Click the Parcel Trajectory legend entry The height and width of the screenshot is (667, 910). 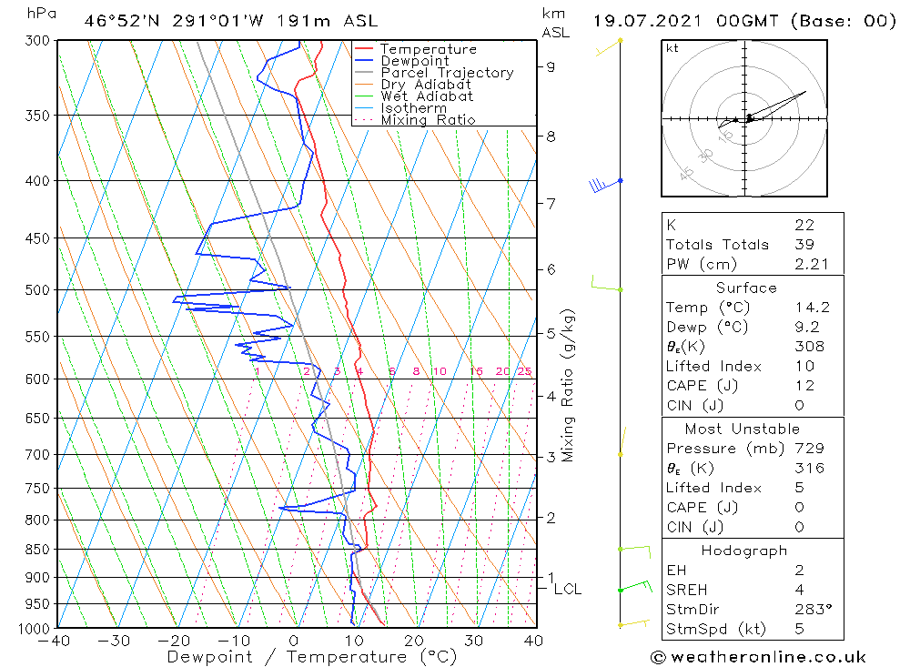447,73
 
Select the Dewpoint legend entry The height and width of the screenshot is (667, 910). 414,61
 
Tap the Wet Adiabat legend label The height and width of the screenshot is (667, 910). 427,96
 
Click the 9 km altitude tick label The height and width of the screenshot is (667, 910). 551,66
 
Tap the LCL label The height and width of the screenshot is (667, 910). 567,590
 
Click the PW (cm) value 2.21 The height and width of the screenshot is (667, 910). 809,264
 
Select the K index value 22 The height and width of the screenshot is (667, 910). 804,225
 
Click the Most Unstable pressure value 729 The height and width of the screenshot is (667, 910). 809,449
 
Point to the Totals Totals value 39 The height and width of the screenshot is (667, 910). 804,245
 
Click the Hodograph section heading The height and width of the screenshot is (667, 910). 743,551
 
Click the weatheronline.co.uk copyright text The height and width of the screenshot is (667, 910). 758,657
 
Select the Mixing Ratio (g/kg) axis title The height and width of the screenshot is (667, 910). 569,385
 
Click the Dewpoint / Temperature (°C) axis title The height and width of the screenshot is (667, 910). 311,656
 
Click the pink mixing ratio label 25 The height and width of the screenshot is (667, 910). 524,371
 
